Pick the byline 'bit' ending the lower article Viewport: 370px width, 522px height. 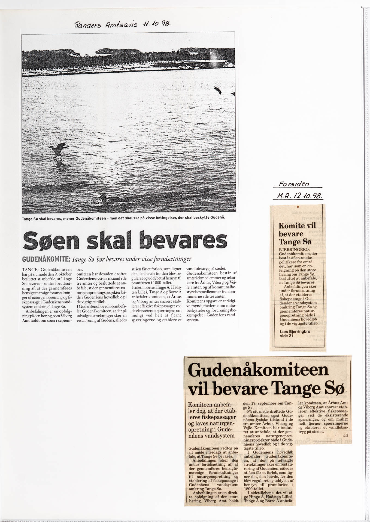[x=346, y=435]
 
